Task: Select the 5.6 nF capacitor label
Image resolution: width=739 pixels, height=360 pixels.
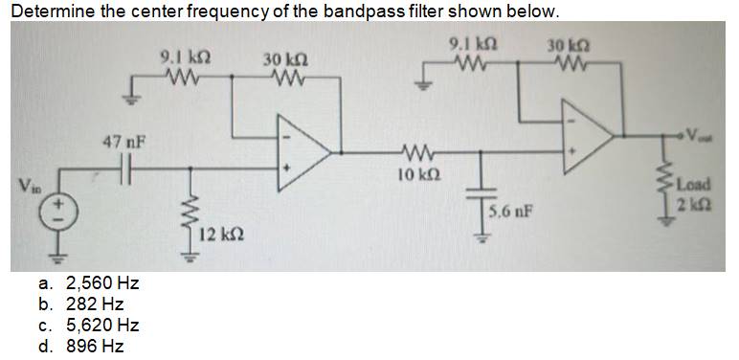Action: coord(509,210)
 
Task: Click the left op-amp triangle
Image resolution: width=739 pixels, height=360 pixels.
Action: coord(300,150)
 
